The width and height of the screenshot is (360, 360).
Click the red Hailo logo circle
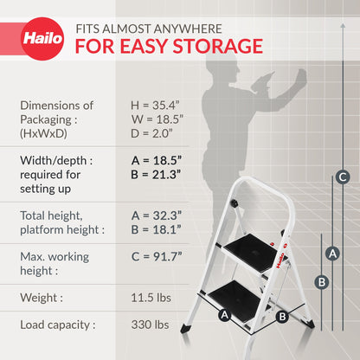point(42,39)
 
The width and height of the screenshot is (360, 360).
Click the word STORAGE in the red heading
point(218,46)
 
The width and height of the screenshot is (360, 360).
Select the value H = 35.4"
point(155,106)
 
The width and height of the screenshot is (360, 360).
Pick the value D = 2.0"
point(151,133)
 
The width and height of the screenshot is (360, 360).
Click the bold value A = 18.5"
point(157,160)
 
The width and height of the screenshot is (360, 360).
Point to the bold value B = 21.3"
point(156,175)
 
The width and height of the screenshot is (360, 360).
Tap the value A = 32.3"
point(157,215)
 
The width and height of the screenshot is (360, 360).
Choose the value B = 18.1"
point(156,229)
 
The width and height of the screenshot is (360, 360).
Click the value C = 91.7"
point(157,256)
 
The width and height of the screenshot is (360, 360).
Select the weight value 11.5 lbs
point(151,298)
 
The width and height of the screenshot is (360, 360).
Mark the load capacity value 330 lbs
point(150,325)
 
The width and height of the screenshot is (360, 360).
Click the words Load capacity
point(55,325)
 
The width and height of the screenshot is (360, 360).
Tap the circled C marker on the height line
point(343,177)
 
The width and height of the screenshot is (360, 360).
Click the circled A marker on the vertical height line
point(332,254)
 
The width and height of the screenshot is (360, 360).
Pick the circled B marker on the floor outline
point(282,317)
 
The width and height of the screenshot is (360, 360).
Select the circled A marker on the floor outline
point(224,315)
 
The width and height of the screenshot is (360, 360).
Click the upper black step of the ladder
point(251,254)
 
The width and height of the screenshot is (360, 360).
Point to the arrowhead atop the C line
point(343,26)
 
